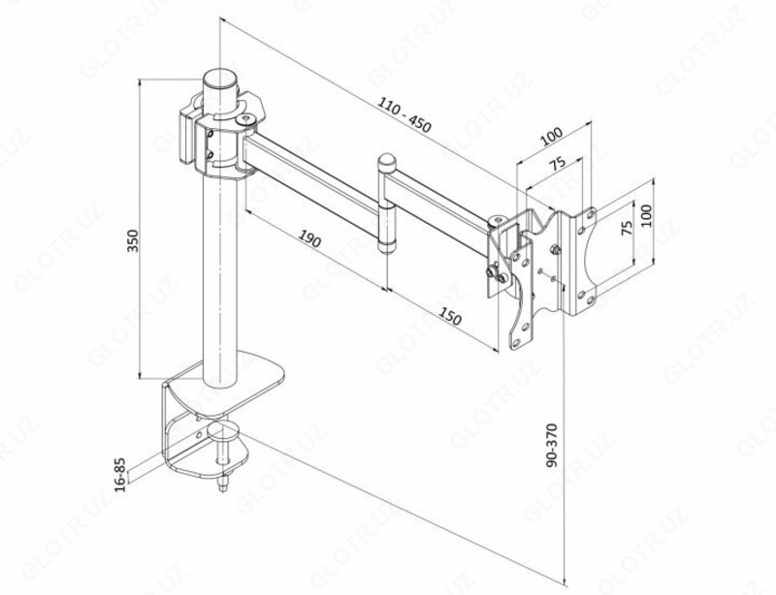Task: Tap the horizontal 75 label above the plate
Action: click(x=554, y=164)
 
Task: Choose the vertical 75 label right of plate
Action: click(x=628, y=230)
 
